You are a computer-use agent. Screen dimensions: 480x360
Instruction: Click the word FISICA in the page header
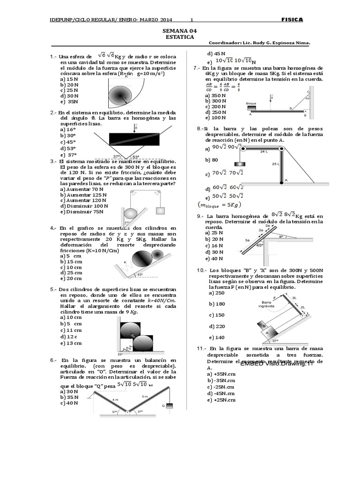pyautogui.click(x=292, y=20)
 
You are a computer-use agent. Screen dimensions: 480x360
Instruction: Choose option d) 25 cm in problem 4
pyautogui.click(x=71, y=272)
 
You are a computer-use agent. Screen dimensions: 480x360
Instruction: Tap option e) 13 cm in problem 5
pyautogui.click(x=71, y=343)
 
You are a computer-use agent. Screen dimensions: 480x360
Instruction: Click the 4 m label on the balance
pyautogui.click(x=115, y=399)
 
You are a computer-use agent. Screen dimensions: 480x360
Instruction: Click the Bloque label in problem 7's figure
pyautogui.click(x=251, y=103)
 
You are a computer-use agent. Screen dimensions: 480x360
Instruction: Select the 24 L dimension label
pyautogui.click(x=264, y=151)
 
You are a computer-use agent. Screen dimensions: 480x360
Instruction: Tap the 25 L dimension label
pyautogui.click(x=275, y=165)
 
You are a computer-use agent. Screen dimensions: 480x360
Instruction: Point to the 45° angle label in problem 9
pyautogui.click(x=259, y=245)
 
